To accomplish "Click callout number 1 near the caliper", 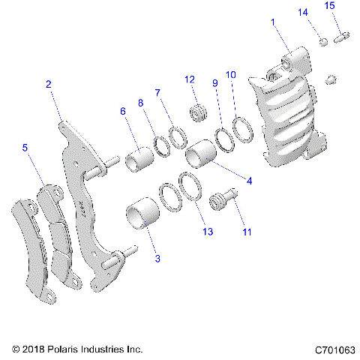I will pyautogui.click(x=273, y=25).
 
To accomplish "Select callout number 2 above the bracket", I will pyautogui.click(x=48, y=85).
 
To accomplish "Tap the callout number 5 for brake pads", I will pyautogui.click(x=25, y=148).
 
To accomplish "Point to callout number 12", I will pyautogui.click(x=190, y=80).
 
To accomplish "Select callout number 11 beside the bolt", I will pyautogui.click(x=244, y=232).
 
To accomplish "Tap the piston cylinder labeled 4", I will pyautogui.click(x=202, y=156).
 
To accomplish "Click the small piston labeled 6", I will pyautogui.click(x=140, y=161).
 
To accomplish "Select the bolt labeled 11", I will pyautogui.click(x=223, y=200).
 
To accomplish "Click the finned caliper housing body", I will pyautogui.click(x=289, y=120).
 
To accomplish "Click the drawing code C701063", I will pyautogui.click(x=335, y=349).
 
